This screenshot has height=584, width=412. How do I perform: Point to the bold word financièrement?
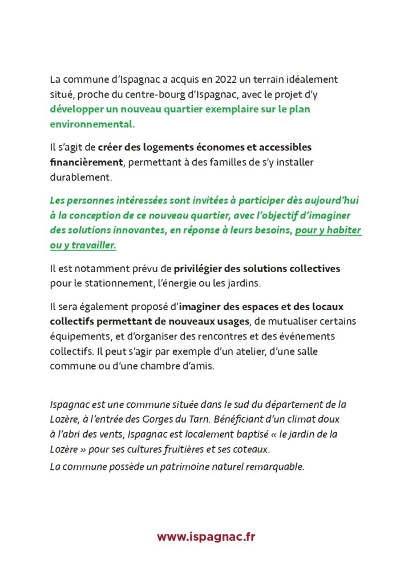[86, 162]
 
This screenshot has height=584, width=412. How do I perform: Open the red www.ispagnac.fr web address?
[206, 537]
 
